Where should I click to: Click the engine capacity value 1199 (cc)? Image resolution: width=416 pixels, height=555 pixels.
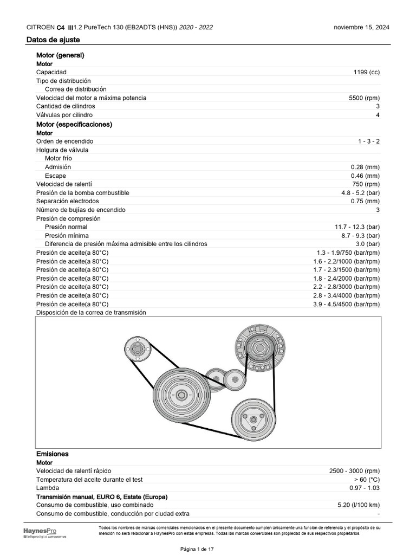[366, 72]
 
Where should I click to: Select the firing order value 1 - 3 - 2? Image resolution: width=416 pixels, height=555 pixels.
[368, 141]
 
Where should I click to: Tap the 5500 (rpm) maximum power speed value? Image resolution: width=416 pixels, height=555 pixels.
[365, 98]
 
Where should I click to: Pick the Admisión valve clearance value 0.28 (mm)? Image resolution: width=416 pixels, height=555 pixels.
[365, 167]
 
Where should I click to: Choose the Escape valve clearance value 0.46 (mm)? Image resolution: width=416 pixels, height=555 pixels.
[365, 176]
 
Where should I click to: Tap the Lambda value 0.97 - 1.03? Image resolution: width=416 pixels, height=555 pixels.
[365, 488]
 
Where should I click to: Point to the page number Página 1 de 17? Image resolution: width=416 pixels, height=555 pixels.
[208, 550]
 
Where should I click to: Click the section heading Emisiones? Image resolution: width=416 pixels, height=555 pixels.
[53, 454]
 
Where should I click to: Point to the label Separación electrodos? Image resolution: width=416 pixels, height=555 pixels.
[68, 202]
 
